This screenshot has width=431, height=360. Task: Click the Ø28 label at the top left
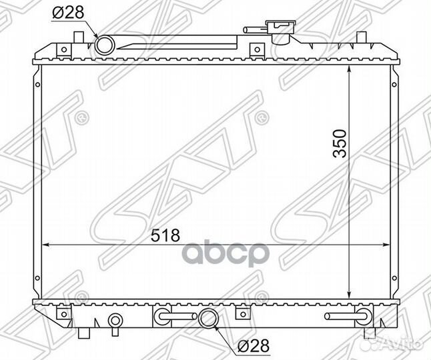tap(68, 12)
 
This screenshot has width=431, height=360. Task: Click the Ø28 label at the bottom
tap(253, 345)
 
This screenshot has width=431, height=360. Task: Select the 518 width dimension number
tap(165, 235)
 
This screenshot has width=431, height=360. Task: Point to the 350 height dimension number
tap(340, 143)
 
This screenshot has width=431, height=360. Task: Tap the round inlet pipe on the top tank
tap(105, 45)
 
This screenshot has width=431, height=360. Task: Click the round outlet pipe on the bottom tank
tap(208, 318)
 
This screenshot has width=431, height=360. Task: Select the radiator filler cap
tap(281, 31)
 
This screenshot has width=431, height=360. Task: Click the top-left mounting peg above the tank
tap(79, 37)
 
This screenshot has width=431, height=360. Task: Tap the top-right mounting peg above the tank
tap(362, 37)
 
